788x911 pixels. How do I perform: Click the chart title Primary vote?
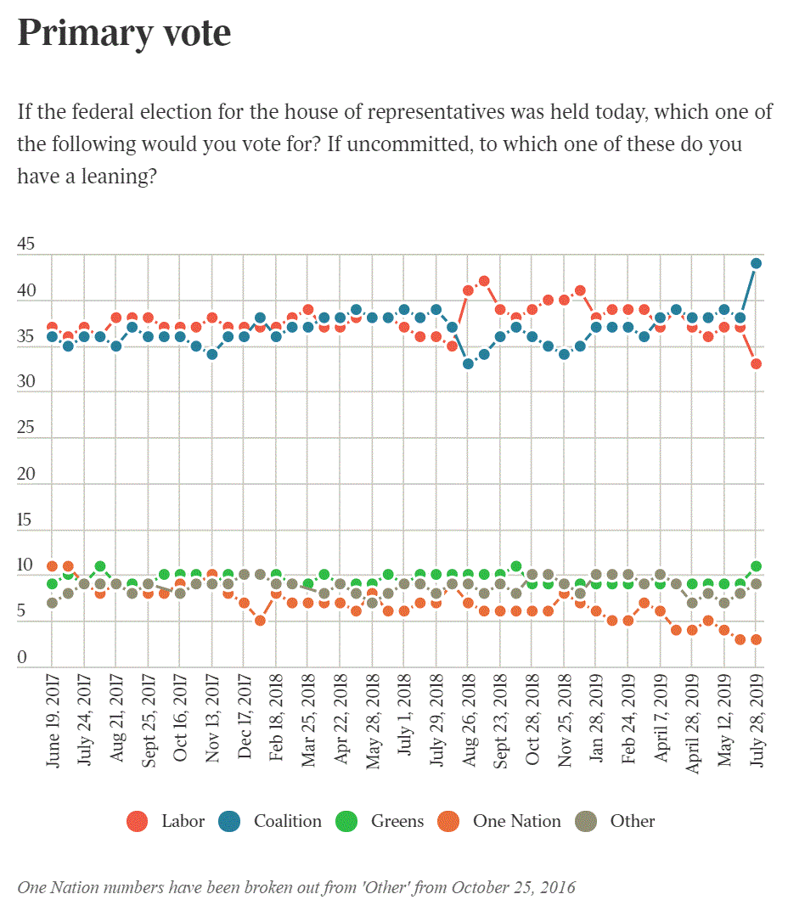[x=124, y=32]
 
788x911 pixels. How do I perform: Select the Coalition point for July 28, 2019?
[x=756, y=263]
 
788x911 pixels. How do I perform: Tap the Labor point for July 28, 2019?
[x=756, y=364]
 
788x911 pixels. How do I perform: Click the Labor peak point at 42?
[x=484, y=281]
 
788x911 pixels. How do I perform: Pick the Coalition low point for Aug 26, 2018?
[x=468, y=364]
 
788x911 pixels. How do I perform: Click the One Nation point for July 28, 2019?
[x=756, y=640]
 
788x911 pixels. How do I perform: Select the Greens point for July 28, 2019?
[x=756, y=566]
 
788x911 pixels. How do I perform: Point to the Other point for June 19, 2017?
[x=53, y=603]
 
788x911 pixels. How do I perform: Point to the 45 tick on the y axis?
[x=26, y=245]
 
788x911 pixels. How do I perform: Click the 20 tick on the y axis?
[x=26, y=474]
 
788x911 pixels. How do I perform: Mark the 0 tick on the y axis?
[x=22, y=658]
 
